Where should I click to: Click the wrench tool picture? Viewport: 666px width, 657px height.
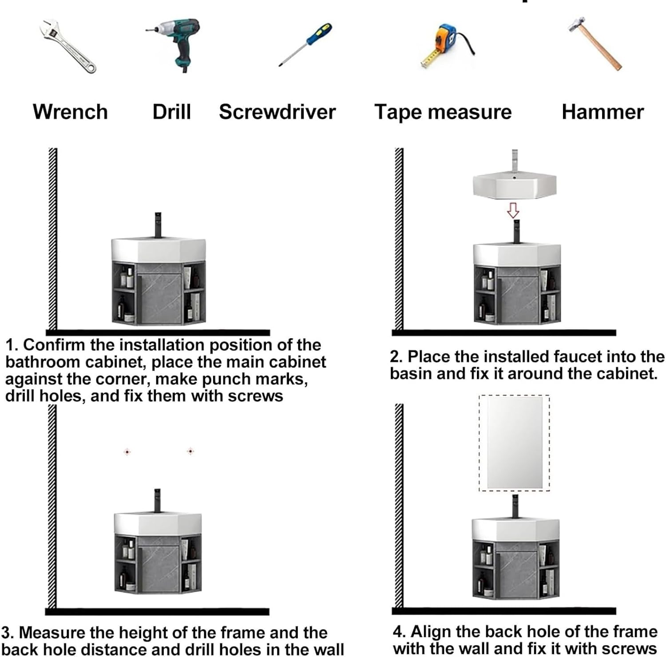pyautogui.click(x=67, y=46)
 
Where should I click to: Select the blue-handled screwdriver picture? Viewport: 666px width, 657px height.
pyautogui.click(x=305, y=44)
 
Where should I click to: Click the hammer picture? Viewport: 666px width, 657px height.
pyautogui.click(x=595, y=43)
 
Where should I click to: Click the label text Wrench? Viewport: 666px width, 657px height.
pyautogui.click(x=70, y=111)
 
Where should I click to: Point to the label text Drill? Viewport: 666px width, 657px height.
pyautogui.click(x=171, y=111)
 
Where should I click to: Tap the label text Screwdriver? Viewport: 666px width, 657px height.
pyautogui.click(x=277, y=111)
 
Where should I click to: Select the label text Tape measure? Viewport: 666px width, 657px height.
pyautogui.click(x=443, y=111)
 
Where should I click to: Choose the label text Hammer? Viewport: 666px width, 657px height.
pyautogui.click(x=603, y=111)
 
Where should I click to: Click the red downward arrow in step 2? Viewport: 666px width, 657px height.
pyautogui.click(x=513, y=210)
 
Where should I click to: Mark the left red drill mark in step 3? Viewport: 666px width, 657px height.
pyautogui.click(x=127, y=452)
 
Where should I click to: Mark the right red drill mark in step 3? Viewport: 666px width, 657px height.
pyautogui.click(x=190, y=451)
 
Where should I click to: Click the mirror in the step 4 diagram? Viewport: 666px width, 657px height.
pyautogui.click(x=515, y=443)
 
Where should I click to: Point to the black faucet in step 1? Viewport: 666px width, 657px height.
pyautogui.click(x=158, y=226)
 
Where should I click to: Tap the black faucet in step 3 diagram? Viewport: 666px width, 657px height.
pyautogui.click(x=157, y=501)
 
